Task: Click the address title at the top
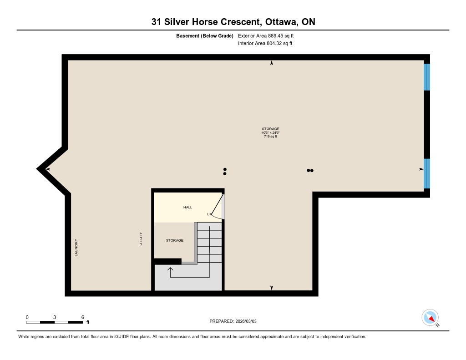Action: (x=233, y=22)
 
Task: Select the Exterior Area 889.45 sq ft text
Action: (x=266, y=35)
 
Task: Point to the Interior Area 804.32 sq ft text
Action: (x=265, y=43)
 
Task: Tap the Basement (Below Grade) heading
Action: (x=205, y=36)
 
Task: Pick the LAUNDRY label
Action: (x=76, y=247)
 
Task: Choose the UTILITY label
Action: (x=141, y=239)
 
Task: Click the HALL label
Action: (x=187, y=207)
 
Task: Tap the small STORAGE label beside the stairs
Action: (x=174, y=240)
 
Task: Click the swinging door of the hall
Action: (x=217, y=206)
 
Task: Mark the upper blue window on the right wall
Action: (x=427, y=77)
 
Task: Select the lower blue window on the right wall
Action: (x=427, y=173)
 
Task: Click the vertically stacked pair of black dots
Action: (x=225, y=172)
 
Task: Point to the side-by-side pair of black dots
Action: (x=310, y=170)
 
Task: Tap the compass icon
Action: (x=430, y=318)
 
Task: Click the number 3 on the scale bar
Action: (x=55, y=317)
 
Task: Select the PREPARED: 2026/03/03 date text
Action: (x=233, y=321)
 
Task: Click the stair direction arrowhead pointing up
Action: (x=170, y=269)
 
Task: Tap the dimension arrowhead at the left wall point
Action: (x=47, y=169)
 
